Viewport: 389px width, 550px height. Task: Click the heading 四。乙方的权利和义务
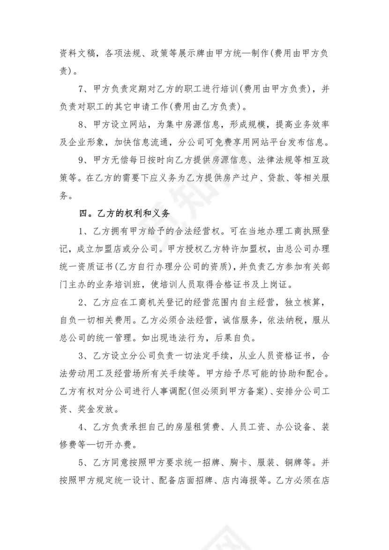[x=124, y=213]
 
